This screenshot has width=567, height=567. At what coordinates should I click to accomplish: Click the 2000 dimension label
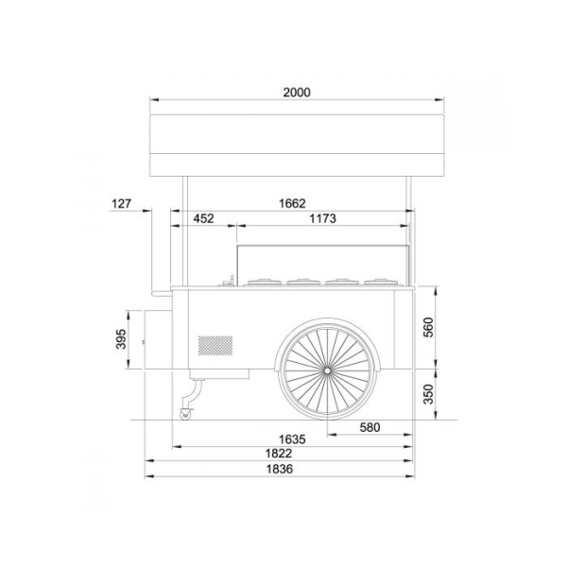[297, 93]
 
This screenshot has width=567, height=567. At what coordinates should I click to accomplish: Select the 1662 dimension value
[292, 203]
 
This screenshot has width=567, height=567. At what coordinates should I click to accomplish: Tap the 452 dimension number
[203, 218]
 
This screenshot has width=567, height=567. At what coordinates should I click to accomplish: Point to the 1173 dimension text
[322, 218]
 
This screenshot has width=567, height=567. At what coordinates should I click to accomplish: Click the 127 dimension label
[121, 204]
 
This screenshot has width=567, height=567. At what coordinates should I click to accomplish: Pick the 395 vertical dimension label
[121, 339]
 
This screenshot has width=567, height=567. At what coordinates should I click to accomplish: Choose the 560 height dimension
[428, 327]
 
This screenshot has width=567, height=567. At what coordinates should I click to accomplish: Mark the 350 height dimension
[428, 394]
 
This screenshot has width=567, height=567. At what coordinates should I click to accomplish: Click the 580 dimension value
[369, 427]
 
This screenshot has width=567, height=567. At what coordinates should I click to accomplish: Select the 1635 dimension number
[292, 439]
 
